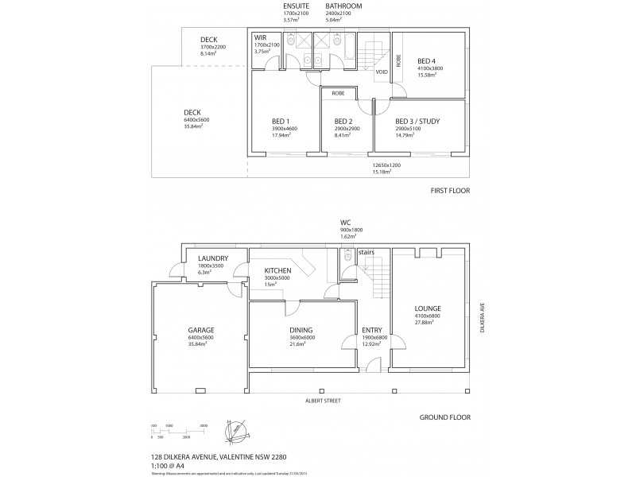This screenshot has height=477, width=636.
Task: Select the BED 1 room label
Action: click(284, 122)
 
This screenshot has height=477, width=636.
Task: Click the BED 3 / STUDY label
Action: click(417, 122)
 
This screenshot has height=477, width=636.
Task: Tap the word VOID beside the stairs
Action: click(382, 72)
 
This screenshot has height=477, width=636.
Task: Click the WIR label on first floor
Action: click(260, 37)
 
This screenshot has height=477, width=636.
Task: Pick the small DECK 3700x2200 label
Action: click(209, 40)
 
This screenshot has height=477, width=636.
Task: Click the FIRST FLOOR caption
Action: click(451, 192)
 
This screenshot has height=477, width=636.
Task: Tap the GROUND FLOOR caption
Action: click(446, 417)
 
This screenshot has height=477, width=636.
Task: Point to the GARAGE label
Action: click(200, 330)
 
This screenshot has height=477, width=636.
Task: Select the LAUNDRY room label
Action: click(215, 258)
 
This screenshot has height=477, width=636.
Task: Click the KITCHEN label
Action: click(279, 271)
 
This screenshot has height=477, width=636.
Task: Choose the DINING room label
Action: click(301, 330)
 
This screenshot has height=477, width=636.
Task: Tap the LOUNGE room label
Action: click(427, 308)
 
